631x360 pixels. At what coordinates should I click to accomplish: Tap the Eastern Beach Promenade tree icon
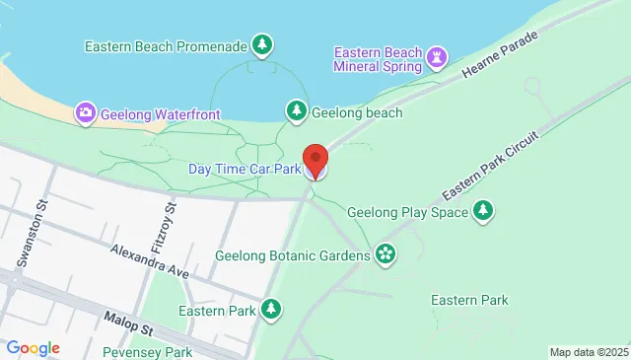click(x=261, y=45)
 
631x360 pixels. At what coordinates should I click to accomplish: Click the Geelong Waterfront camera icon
click(x=86, y=114)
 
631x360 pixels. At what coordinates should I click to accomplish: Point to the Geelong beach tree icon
click(x=296, y=111)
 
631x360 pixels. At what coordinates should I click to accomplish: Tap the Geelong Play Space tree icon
click(x=482, y=210)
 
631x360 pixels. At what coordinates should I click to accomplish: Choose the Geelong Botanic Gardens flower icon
click(x=385, y=254)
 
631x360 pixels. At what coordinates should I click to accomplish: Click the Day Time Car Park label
click(x=244, y=169)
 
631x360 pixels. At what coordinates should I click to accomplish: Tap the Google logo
click(x=32, y=348)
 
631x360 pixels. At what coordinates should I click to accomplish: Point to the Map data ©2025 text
click(x=588, y=352)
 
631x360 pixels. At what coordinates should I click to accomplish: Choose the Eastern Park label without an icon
click(x=468, y=300)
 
